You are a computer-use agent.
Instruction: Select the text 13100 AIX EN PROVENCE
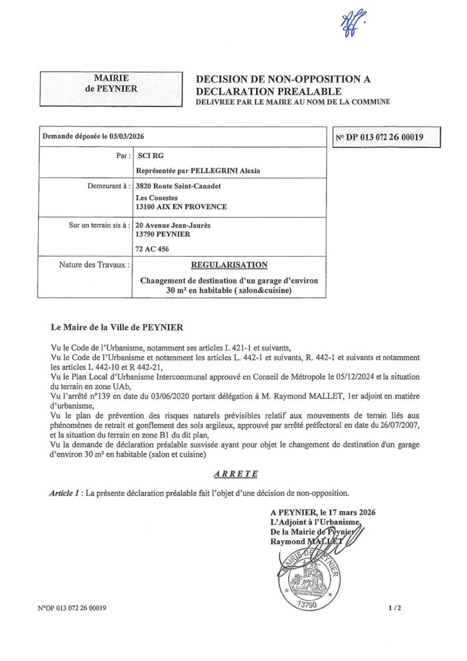tap(181, 207)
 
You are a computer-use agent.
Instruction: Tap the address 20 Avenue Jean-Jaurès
tap(173, 226)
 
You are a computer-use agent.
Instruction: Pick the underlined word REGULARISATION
tap(229, 265)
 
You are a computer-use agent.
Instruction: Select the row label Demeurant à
tap(103, 186)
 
